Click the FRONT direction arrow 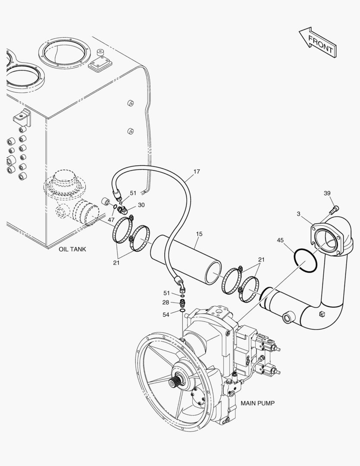pos(318,43)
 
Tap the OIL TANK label pos(72,249)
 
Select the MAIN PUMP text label pos(257,403)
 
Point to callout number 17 pos(197,171)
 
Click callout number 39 pos(327,193)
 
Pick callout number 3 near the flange pos(298,214)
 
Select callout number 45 pos(280,240)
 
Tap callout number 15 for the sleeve pos(199,234)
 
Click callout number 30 pos(141,205)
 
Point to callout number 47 pos(111,220)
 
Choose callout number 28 pos(166,302)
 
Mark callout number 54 pos(166,315)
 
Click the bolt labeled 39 pos(334,210)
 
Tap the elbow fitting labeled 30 pos(122,210)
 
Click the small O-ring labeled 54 pos(182,311)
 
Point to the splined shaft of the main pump pos(174,381)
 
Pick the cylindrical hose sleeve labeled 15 pos(186,259)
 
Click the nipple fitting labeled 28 pos(182,304)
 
